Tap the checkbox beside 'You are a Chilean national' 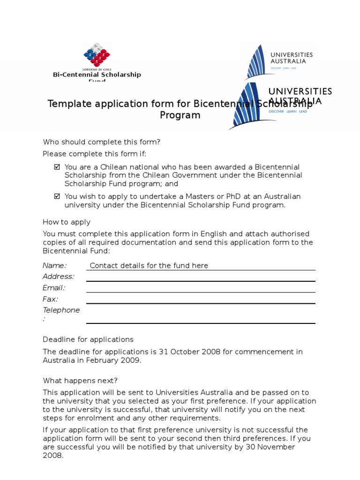(57, 167)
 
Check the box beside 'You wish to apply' (57, 196)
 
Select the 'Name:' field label (54, 265)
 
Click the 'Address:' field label (59, 277)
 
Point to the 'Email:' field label (54, 288)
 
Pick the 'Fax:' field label (50, 299)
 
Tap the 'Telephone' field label (61, 310)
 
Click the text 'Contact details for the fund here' (149, 265)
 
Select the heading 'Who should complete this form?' (102, 142)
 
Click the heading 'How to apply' (67, 222)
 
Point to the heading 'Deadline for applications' (88, 339)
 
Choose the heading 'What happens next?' (80, 381)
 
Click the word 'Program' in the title (180, 115)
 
